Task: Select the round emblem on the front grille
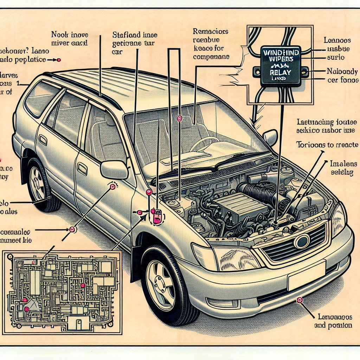302,242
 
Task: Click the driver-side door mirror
114,170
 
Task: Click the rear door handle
43,140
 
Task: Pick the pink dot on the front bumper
300,300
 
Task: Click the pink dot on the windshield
180,118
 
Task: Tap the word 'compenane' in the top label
211,56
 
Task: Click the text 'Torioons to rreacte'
327,144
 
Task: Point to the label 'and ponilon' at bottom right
333,325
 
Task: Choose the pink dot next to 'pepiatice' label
59,60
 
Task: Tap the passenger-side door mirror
270,137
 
